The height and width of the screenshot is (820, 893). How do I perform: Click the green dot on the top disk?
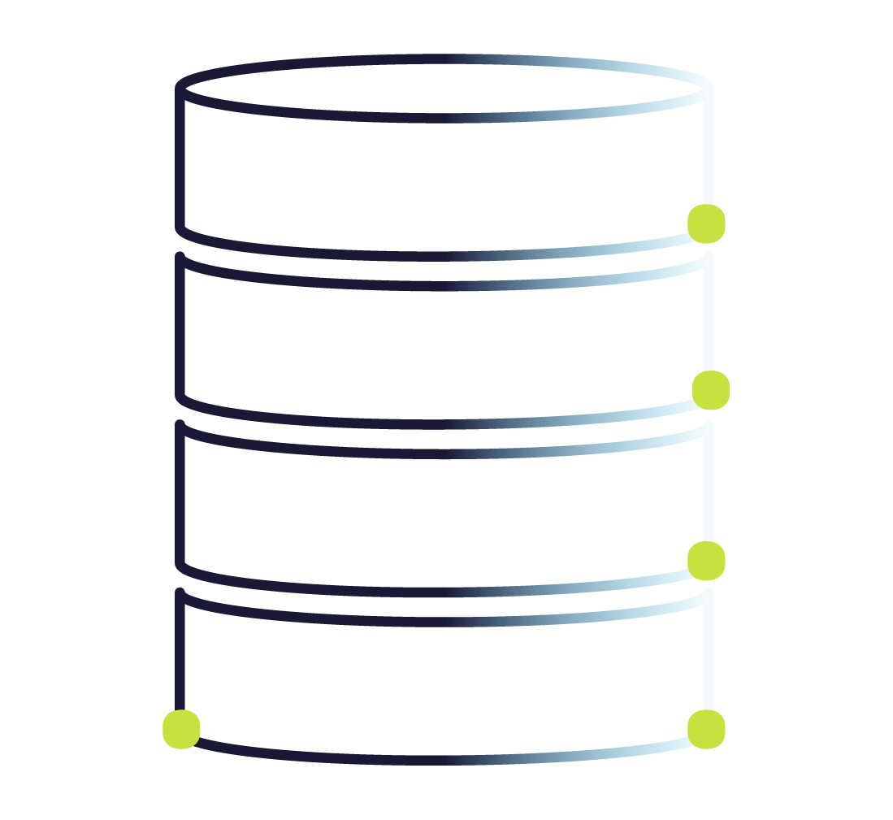point(706,223)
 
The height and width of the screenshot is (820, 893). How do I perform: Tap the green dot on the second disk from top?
point(710,391)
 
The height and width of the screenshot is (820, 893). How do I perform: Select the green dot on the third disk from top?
point(706,561)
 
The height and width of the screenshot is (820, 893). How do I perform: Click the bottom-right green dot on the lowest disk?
point(706,729)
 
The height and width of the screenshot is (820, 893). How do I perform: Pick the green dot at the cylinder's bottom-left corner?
point(181,729)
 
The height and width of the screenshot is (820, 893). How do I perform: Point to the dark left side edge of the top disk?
point(180,158)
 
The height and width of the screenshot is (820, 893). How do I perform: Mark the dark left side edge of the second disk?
point(180,329)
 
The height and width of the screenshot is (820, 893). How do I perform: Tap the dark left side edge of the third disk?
point(180,496)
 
